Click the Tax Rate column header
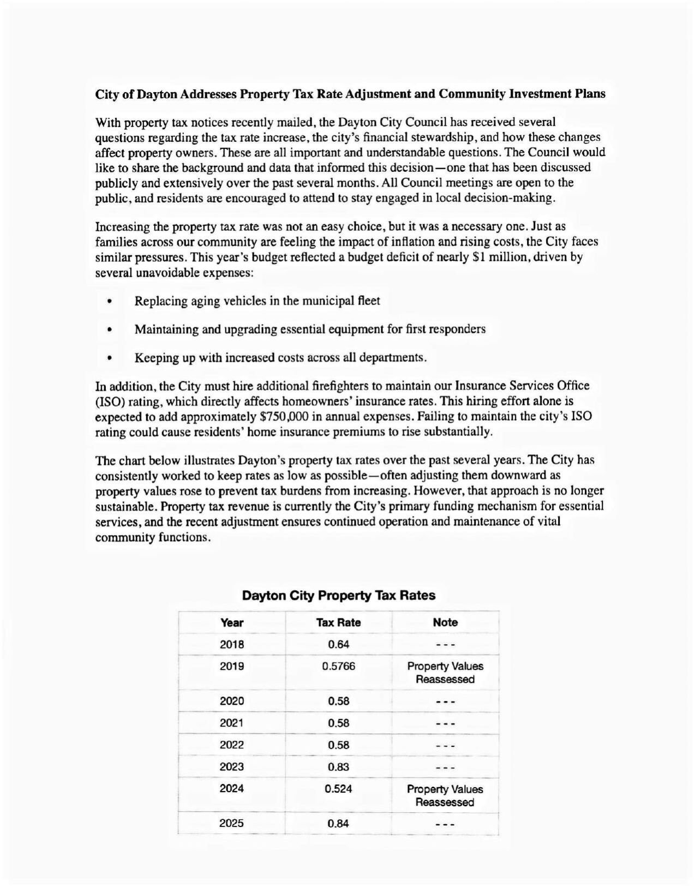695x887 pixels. tap(338, 622)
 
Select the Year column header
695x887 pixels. tap(232, 622)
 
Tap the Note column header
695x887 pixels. tap(445, 622)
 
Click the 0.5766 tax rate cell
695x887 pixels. tap(338, 666)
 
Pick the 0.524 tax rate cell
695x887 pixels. tap(338, 789)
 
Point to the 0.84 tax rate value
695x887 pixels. tap(338, 824)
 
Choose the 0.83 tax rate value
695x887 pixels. tap(338, 766)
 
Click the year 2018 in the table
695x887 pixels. tap(232, 644)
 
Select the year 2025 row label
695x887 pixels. tap(232, 824)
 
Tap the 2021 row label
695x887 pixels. tap(232, 723)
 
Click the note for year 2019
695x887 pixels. tap(445, 673)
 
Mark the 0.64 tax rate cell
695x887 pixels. tap(338, 644)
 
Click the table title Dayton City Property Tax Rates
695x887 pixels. tap(338, 595)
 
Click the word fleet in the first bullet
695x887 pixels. tap(369, 301)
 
